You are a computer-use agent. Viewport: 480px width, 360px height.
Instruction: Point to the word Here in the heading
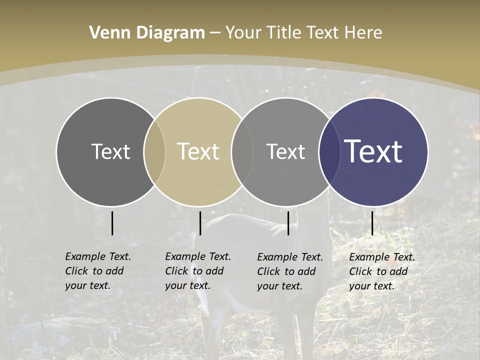point(364,33)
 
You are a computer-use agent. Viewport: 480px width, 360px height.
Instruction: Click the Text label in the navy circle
point(373,151)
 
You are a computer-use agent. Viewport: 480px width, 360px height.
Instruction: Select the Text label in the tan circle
point(198,151)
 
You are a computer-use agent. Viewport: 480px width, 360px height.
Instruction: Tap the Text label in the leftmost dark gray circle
point(110,151)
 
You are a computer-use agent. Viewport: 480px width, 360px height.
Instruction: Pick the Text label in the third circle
point(285,151)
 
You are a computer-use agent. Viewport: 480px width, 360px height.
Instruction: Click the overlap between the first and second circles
point(154,151)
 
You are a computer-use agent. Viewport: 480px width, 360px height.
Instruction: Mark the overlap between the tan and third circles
point(242,151)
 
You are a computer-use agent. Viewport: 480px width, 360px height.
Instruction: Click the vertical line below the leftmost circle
point(112,223)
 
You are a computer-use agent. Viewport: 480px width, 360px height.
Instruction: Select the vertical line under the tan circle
point(200,223)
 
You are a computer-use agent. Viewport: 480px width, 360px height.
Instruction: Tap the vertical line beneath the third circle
point(288,223)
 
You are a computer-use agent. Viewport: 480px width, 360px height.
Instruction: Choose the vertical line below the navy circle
point(372,223)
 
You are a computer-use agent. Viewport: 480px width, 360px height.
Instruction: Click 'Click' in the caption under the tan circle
point(176,271)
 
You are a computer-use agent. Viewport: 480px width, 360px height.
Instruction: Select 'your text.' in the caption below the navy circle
point(372,286)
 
